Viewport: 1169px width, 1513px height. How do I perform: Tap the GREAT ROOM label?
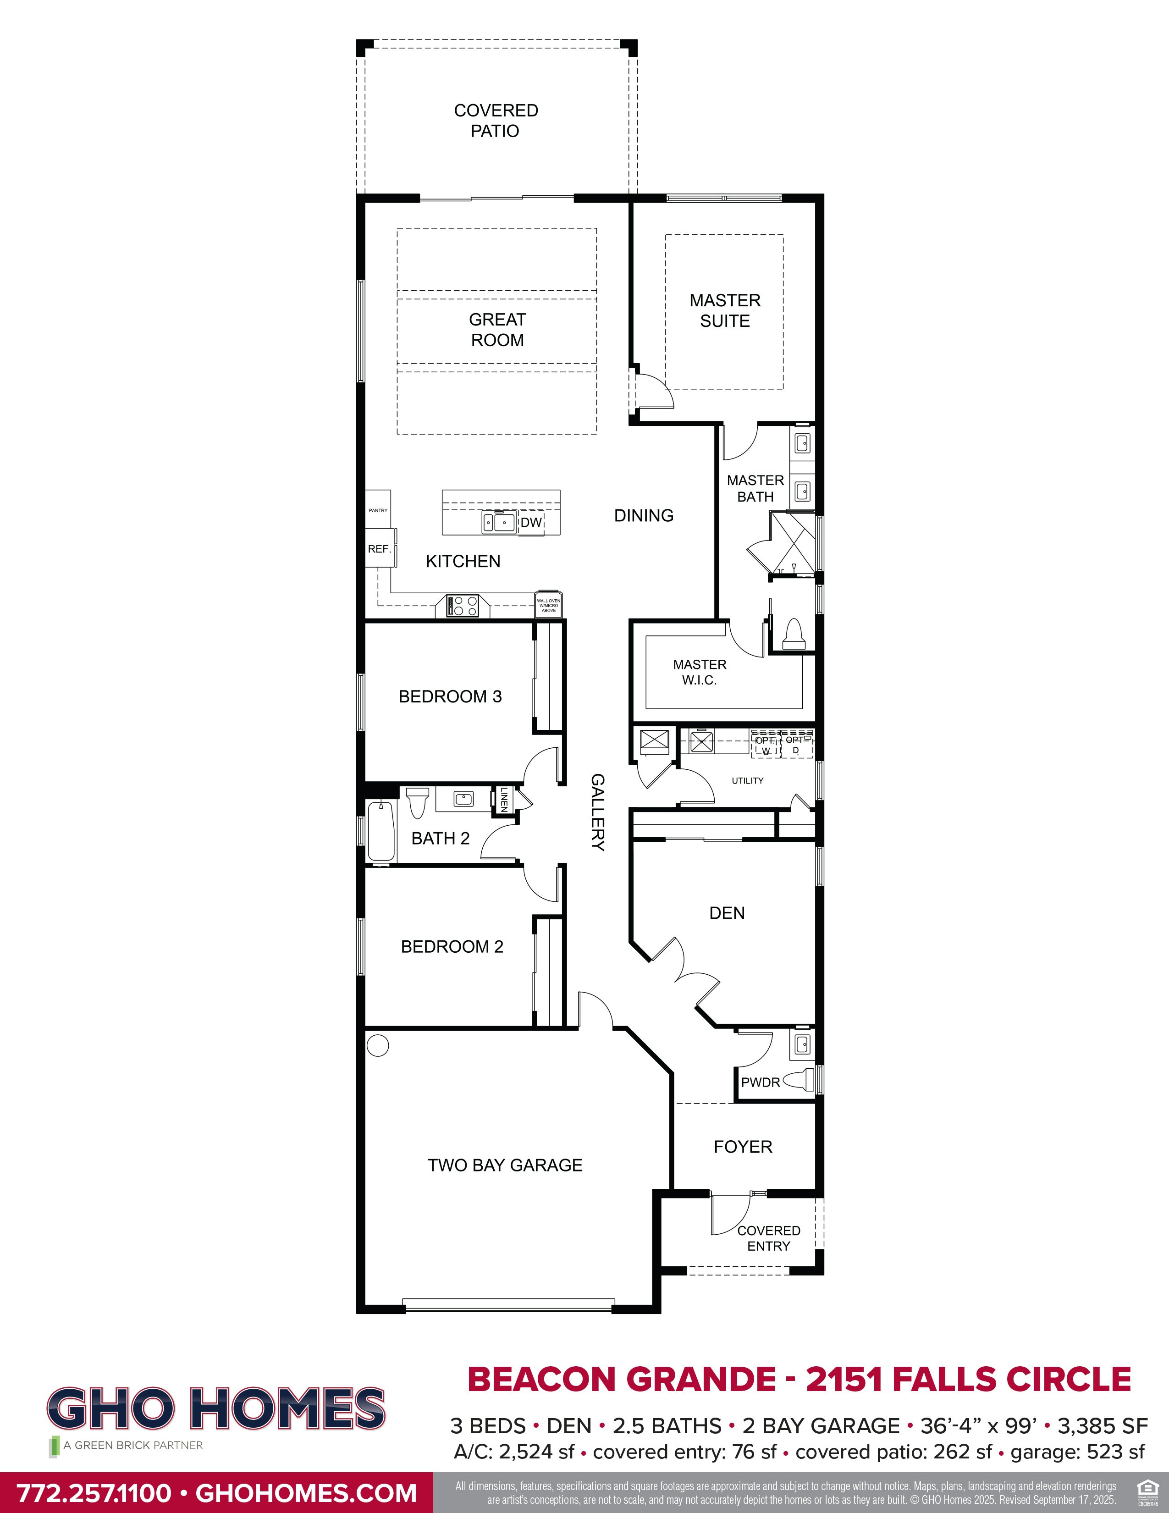tap(497, 330)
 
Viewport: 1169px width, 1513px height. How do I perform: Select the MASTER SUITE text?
tap(724, 310)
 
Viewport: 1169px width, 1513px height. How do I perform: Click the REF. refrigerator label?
tap(380, 549)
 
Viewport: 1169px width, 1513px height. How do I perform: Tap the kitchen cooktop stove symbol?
tap(463, 606)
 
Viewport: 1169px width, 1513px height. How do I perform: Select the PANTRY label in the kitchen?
tap(378, 511)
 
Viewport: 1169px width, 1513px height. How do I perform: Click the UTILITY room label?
tap(747, 781)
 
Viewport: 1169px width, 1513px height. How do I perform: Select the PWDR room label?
tap(761, 1082)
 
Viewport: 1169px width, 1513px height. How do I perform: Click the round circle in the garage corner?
tap(378, 1045)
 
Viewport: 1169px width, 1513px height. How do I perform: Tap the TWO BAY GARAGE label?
tap(505, 1165)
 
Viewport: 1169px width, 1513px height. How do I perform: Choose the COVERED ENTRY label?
tap(768, 1238)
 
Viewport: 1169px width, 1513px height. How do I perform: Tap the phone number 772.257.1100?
tap(94, 1492)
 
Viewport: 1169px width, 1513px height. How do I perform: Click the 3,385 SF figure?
tap(1103, 1426)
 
